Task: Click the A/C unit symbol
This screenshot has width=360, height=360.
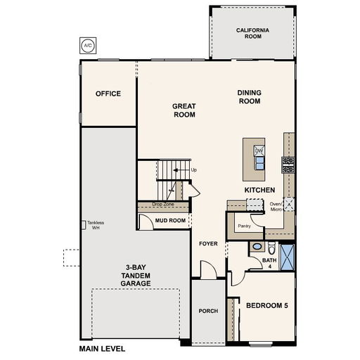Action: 88,46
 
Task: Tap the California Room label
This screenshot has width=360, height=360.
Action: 252,33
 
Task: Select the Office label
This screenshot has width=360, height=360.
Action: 108,94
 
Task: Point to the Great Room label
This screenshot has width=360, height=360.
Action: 184,110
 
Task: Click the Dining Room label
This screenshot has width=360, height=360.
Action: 250,97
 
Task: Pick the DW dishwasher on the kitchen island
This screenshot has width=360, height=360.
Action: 259,150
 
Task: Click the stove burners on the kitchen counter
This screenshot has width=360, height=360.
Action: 288,165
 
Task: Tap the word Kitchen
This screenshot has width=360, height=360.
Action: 259,190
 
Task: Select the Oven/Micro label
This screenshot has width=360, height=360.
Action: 276,207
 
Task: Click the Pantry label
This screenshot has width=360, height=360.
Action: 244,226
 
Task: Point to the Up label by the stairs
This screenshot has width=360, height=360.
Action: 194,170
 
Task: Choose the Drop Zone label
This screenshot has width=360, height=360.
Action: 163,204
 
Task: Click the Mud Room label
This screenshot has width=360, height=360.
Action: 170,221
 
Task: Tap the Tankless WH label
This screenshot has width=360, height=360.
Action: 96,225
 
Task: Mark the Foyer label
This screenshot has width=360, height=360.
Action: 208,244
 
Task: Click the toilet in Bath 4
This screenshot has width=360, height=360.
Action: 271,248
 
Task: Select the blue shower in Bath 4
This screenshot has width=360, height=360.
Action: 287,257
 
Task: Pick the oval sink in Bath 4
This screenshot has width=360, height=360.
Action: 257,247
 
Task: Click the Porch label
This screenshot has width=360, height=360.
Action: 208,311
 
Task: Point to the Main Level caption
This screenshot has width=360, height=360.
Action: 102,349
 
